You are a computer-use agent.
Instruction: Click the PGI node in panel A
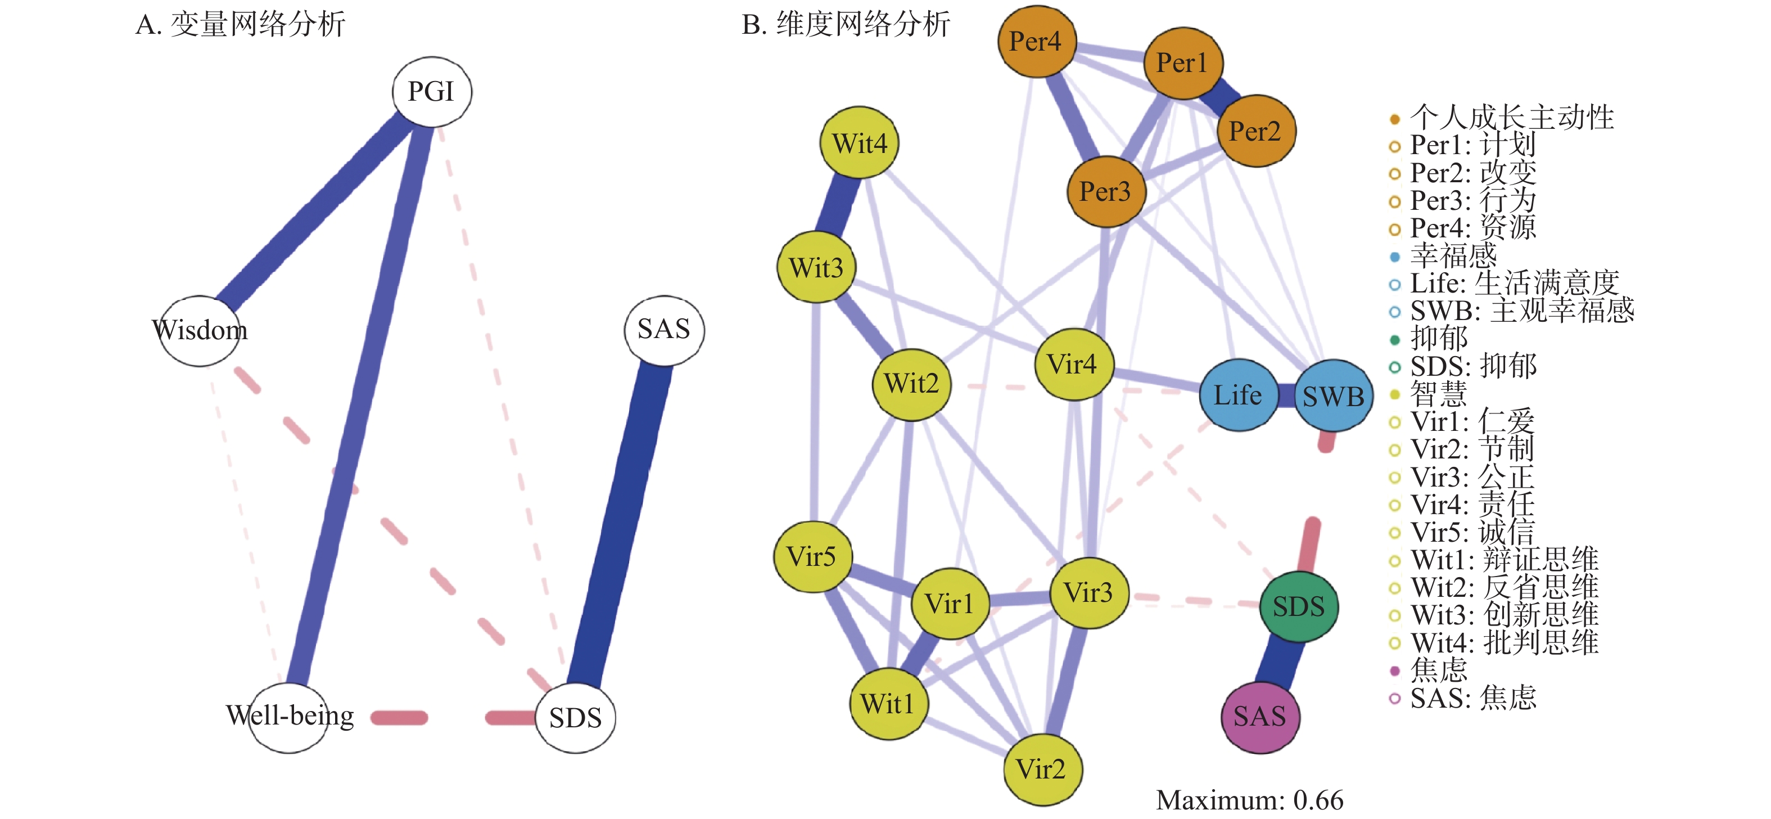click(x=432, y=92)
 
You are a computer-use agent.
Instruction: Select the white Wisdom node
click(x=200, y=331)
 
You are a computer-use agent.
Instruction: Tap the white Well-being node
click(x=290, y=717)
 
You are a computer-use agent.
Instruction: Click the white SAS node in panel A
click(x=664, y=330)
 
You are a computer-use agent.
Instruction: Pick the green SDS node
click(x=1299, y=606)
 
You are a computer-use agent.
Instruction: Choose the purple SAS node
click(x=1259, y=717)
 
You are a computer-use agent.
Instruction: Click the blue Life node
click(x=1238, y=395)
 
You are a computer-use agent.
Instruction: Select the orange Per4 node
click(x=1037, y=41)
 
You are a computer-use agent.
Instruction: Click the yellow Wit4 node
click(x=860, y=143)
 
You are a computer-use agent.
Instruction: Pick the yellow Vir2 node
click(x=1042, y=769)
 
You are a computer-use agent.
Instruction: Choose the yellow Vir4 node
click(x=1073, y=364)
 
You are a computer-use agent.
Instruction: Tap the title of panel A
click(x=241, y=25)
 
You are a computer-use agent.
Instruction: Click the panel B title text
click(x=846, y=25)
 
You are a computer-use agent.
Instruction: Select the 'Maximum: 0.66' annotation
click(x=1249, y=800)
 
